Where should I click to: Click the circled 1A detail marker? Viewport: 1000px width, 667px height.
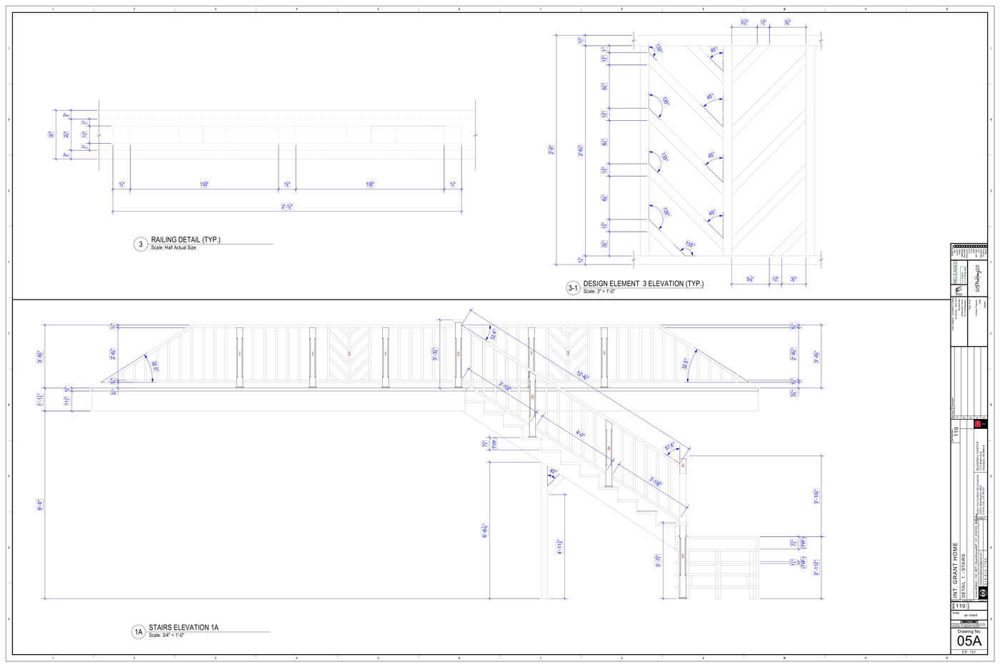pyautogui.click(x=139, y=632)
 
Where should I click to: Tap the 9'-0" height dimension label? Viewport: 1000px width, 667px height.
pyautogui.click(x=40, y=504)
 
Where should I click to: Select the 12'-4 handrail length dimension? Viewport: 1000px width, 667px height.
pyautogui.click(x=584, y=375)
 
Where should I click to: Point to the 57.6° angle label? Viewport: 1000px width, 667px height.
pyautogui.click(x=671, y=447)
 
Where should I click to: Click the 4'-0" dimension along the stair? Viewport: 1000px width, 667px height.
pyautogui.click(x=581, y=434)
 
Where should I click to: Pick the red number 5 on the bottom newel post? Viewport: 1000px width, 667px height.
pyautogui.click(x=683, y=556)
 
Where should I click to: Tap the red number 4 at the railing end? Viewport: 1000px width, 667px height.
pyautogui.click(x=683, y=465)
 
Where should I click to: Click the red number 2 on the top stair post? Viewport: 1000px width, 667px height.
pyautogui.click(x=459, y=354)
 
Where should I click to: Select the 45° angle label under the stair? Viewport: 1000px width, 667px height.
pyautogui.click(x=553, y=472)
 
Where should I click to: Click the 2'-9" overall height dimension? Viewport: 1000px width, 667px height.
pyautogui.click(x=551, y=150)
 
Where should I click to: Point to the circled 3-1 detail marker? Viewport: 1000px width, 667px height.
pyautogui.click(x=573, y=288)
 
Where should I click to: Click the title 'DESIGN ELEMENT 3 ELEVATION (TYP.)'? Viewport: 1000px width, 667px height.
pyautogui.click(x=643, y=284)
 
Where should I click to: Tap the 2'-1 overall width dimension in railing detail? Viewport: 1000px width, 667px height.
pyautogui.click(x=287, y=207)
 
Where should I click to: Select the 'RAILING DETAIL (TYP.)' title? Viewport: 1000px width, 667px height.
pyautogui.click(x=186, y=239)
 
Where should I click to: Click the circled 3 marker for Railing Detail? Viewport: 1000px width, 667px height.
pyautogui.click(x=141, y=244)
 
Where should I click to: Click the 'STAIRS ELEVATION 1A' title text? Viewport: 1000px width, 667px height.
pyautogui.click(x=184, y=628)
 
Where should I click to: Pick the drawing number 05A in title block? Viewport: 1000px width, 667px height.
pyautogui.click(x=969, y=641)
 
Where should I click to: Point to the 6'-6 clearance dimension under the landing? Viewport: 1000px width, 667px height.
pyautogui.click(x=485, y=530)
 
